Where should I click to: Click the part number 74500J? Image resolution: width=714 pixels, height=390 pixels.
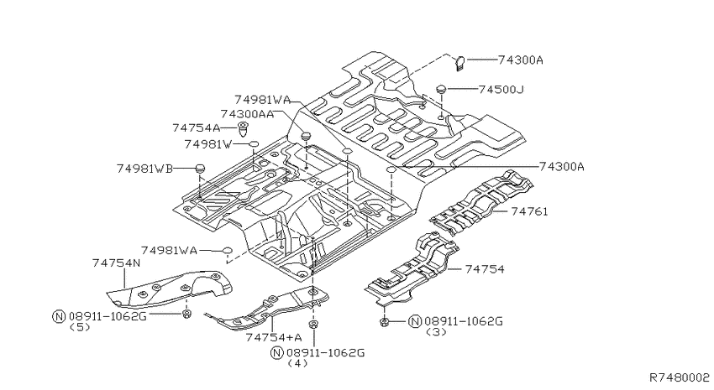coord(501,90)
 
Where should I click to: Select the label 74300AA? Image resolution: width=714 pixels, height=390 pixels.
coord(247,114)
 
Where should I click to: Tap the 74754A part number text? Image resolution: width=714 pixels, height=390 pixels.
coord(197,128)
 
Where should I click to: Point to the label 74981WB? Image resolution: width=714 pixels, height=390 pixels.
coord(144,169)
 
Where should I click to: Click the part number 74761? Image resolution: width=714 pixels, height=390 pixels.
coord(529,211)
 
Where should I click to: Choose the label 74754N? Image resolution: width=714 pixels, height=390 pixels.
coord(116,263)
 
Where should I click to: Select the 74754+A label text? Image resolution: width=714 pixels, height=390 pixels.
coord(274,337)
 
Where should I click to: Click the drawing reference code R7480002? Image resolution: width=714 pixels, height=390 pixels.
coord(680,377)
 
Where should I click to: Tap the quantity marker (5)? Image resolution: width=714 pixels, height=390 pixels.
coord(80,327)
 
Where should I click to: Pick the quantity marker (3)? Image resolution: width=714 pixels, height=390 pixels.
coord(436,332)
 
